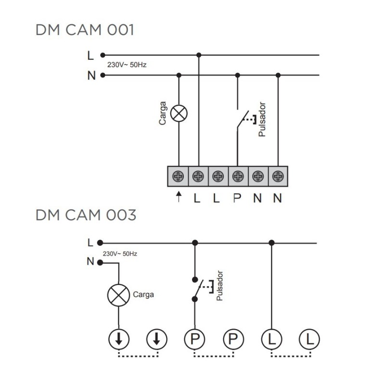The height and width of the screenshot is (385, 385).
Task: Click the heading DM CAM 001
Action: [x=85, y=30]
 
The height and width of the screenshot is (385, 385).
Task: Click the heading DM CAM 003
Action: [x=86, y=215]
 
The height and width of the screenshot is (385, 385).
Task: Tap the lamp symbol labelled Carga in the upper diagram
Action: [x=179, y=114]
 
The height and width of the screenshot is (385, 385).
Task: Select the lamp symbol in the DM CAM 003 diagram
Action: [x=118, y=294]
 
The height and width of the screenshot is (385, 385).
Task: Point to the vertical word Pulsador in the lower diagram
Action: [x=220, y=286]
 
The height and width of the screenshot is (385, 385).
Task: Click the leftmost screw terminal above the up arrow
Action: [x=179, y=177]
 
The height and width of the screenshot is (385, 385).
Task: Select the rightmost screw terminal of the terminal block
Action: [x=277, y=177]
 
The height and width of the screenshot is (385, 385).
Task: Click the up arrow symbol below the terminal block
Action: [x=179, y=197]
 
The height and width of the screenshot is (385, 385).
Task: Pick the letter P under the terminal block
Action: [x=237, y=198]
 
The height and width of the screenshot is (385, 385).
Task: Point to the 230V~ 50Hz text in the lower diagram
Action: [x=120, y=253]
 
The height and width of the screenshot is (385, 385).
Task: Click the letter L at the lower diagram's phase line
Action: [x=90, y=243]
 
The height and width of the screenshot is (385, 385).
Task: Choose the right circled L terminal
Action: [x=309, y=340]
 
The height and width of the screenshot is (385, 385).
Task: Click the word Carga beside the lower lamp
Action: [x=143, y=294]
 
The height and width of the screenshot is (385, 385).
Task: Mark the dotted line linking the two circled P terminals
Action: [x=214, y=356]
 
